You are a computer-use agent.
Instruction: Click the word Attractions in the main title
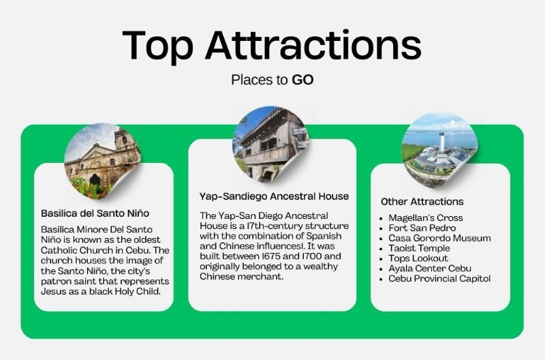(313, 45)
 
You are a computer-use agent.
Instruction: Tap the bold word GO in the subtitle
(302, 80)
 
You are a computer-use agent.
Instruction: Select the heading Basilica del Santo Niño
(95, 213)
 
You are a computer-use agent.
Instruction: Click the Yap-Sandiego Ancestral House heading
(275, 196)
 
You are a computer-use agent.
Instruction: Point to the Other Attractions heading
(422, 202)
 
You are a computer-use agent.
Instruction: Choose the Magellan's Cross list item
(426, 217)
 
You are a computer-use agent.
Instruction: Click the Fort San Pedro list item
(422, 228)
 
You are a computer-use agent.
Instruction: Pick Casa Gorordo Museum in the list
(439, 238)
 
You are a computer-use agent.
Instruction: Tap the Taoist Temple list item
(419, 248)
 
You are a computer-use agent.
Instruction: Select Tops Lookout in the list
(418, 258)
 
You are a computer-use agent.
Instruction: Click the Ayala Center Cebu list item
(430, 269)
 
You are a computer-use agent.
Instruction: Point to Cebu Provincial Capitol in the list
(439, 279)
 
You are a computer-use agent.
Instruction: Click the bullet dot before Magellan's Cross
(381, 219)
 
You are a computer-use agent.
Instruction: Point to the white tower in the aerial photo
(441, 142)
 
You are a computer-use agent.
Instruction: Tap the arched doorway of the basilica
(95, 180)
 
